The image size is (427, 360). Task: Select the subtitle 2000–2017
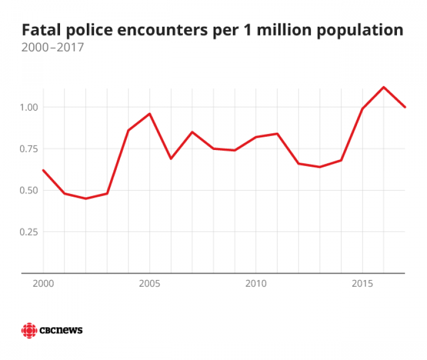(x=52, y=48)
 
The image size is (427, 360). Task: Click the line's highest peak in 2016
(x=384, y=87)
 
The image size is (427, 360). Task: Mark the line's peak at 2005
(x=149, y=114)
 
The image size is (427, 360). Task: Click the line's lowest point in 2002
(x=86, y=198)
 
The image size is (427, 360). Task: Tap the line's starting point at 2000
(x=43, y=170)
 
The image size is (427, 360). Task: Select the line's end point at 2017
(x=405, y=107)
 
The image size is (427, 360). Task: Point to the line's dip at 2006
(x=171, y=158)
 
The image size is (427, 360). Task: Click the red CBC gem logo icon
(x=28, y=331)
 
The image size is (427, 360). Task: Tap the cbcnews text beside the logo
(x=61, y=331)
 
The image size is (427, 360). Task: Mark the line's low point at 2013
(x=320, y=167)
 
